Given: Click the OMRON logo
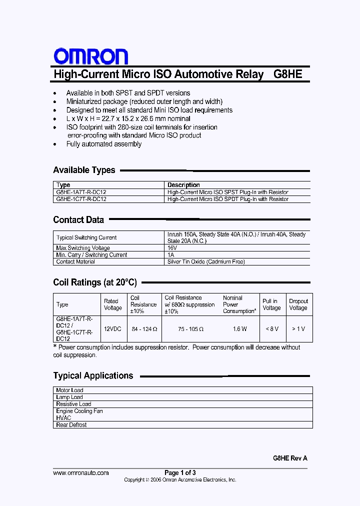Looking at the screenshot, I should pyautogui.click(x=90, y=56).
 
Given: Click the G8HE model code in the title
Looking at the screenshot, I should pyautogui.click(x=288, y=74).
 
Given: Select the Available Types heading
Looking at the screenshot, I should pyautogui.click(x=84, y=170).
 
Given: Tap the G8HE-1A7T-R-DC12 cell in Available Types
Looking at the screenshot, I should pyautogui.click(x=81, y=192).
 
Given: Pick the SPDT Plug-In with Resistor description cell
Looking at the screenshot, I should pyautogui.click(x=227, y=199).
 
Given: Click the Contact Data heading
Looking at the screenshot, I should pyautogui.click(x=78, y=219).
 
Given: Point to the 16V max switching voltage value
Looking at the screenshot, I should pyautogui.click(x=172, y=248).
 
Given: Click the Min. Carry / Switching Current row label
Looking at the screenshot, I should pyautogui.click(x=91, y=255).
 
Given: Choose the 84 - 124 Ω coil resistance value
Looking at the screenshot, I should pyautogui.click(x=144, y=329).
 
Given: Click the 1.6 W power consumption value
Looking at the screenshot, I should pyautogui.click(x=239, y=329).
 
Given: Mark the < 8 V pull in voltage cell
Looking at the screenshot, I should pyautogui.click(x=271, y=329).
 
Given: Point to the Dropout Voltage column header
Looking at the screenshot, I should pyautogui.click(x=298, y=304).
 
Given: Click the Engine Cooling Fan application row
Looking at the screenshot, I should pyautogui.click(x=79, y=411).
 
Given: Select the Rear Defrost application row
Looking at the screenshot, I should pyautogui.click(x=71, y=425).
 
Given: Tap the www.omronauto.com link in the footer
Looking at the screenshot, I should pyautogui.click(x=80, y=472).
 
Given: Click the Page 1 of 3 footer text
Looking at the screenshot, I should pyautogui.click(x=180, y=472).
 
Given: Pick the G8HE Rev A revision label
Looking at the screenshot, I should pyautogui.click(x=290, y=458).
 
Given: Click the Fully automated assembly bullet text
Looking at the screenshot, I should pyautogui.click(x=104, y=144).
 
